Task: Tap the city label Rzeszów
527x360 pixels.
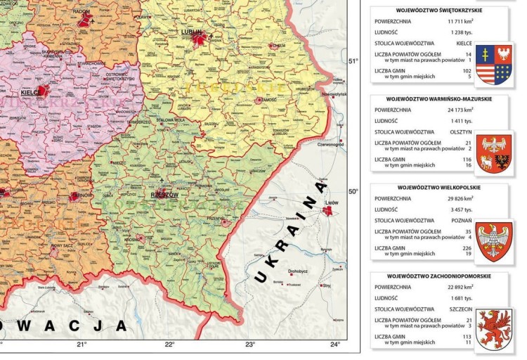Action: pos(163,194)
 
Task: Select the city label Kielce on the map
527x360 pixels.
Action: pos(29,91)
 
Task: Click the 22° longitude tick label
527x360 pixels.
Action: pos(169,344)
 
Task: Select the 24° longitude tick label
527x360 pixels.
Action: pos(334,344)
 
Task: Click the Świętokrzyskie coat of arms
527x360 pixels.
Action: pos(495,63)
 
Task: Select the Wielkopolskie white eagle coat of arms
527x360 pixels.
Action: pos(495,241)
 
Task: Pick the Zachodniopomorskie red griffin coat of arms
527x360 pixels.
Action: pos(495,330)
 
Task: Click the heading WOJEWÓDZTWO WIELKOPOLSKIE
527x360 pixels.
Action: pos(441,188)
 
